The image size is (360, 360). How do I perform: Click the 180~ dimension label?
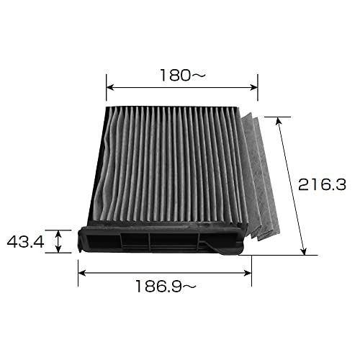[x=183, y=75]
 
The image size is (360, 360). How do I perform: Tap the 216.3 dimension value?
[x=322, y=185]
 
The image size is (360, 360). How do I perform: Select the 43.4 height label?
[x=25, y=242]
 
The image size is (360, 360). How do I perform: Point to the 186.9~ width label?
[x=166, y=286]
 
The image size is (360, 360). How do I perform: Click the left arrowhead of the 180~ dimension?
[x=109, y=87]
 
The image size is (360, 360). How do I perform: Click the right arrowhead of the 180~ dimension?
[x=254, y=87]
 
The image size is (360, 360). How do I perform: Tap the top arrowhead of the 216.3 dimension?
[x=279, y=120]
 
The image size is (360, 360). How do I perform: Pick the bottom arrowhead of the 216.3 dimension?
[x=304, y=251]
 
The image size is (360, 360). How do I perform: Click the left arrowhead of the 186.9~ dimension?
[x=81, y=273]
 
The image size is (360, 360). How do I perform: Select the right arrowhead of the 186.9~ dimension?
[x=248, y=273]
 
